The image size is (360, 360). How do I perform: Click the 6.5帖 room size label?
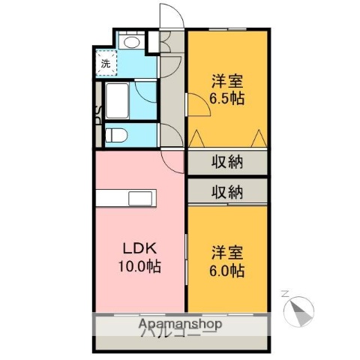[x=227, y=98]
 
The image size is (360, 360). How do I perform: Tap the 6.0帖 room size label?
[x=227, y=271]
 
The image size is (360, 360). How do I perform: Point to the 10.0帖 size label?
[x=139, y=266]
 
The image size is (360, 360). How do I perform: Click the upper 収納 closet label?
[x=226, y=162]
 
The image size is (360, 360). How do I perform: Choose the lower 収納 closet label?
[x=226, y=191]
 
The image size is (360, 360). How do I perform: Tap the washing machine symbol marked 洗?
[x=106, y=62]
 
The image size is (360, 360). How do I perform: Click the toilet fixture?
[x=116, y=136]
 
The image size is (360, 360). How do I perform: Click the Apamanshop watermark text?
[x=180, y=325]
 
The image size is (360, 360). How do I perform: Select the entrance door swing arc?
[x=170, y=18]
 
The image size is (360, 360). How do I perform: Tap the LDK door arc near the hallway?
[x=174, y=159]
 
